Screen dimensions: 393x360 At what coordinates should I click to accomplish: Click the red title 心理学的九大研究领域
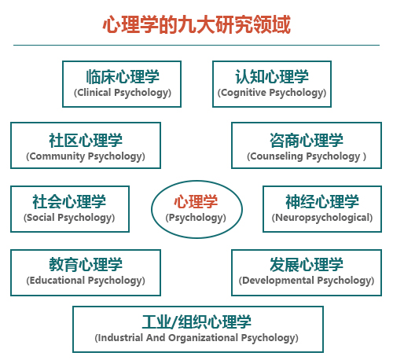196,24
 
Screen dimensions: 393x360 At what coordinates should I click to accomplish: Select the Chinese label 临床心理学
123,77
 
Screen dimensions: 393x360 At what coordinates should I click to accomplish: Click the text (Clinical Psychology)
123,93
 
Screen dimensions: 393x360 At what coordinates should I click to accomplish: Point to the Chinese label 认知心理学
272,77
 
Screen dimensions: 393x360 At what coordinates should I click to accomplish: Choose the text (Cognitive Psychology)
272,93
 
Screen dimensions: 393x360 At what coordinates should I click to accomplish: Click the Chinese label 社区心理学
86,141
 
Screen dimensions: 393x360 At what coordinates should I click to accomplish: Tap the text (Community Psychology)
86,156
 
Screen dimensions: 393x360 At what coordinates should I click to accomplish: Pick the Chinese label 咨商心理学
307,141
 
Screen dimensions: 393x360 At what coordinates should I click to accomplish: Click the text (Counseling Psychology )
307,156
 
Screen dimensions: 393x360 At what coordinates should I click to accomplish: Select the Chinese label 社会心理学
69,202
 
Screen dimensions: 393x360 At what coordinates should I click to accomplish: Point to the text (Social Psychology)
69,218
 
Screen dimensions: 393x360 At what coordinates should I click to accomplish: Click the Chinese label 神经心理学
322,202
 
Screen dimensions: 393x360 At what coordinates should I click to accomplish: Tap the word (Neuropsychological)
322,218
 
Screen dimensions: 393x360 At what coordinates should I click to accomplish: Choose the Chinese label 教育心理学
86,265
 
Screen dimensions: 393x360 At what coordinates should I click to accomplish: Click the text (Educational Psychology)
86,281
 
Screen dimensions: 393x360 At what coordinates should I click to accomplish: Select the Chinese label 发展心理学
307,265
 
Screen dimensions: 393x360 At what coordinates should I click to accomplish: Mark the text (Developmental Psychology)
307,281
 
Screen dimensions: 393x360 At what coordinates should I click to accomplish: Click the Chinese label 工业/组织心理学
196,321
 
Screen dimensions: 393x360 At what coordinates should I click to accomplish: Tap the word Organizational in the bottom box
203,338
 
